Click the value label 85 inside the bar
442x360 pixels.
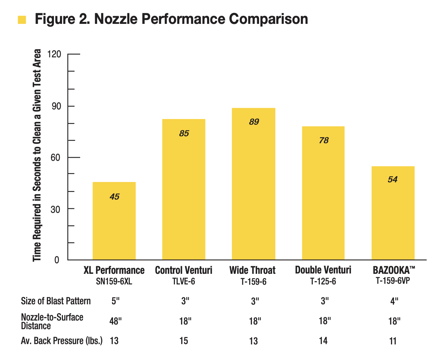pyautogui.click(x=184, y=133)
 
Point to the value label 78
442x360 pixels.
pyautogui.click(x=324, y=141)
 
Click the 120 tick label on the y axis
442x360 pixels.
pyautogui.click(x=54, y=54)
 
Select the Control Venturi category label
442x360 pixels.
pyautogui.click(x=184, y=270)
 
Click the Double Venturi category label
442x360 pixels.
pyautogui.click(x=323, y=270)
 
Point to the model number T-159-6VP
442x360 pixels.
pyautogui.click(x=393, y=281)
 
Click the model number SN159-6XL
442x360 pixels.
pyautogui.click(x=114, y=281)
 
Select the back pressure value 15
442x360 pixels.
pyautogui.click(x=184, y=341)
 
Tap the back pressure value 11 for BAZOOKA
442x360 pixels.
pyautogui.click(x=393, y=341)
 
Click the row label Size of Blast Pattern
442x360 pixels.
pyautogui.click(x=56, y=301)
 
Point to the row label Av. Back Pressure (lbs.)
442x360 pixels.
pyautogui.click(x=62, y=341)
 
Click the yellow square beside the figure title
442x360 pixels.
pyautogui.click(x=22, y=20)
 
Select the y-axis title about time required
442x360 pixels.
pyautogui.click(x=37, y=155)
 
